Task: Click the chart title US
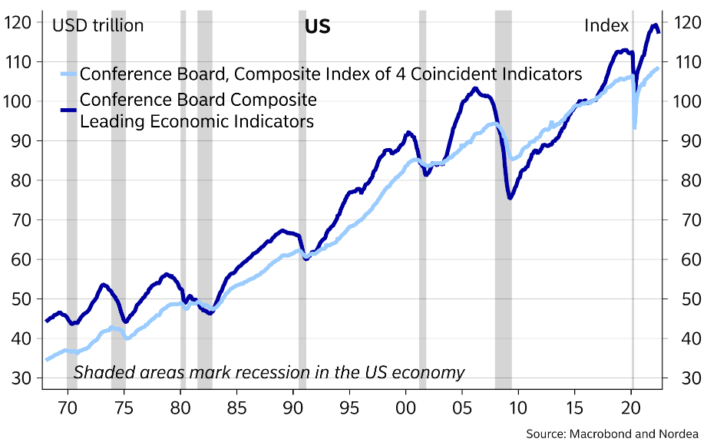(x=317, y=26)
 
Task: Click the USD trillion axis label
(x=97, y=26)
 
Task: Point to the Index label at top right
(x=606, y=26)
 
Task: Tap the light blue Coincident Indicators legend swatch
(x=68, y=74)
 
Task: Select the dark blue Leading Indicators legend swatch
(x=68, y=110)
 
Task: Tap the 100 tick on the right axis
(x=685, y=101)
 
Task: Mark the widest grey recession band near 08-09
(x=504, y=230)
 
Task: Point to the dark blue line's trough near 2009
(x=510, y=199)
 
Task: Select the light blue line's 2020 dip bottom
(x=634, y=127)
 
